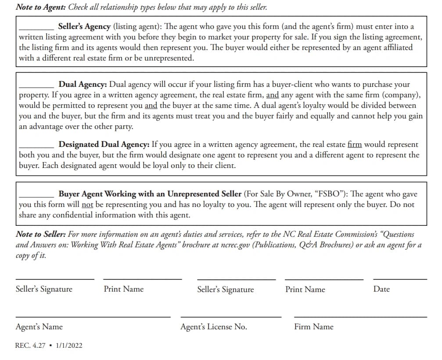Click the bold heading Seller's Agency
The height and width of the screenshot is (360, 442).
click(x=84, y=27)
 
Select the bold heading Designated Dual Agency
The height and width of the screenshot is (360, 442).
click(x=104, y=144)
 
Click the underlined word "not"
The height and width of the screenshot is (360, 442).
click(x=88, y=204)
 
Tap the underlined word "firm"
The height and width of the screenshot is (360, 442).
click(x=355, y=144)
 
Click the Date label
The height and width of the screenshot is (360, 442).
click(x=381, y=289)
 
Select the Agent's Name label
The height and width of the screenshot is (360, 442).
click(x=39, y=327)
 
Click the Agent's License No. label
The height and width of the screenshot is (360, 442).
click(x=214, y=327)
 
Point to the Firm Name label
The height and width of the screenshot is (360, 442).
click(x=314, y=327)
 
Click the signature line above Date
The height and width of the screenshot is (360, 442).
click(x=399, y=279)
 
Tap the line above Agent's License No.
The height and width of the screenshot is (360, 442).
click(x=231, y=317)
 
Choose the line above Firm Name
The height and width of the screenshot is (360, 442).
click(x=360, y=317)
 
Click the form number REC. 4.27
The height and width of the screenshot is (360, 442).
click(x=30, y=346)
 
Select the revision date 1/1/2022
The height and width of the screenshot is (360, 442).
click(x=69, y=346)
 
